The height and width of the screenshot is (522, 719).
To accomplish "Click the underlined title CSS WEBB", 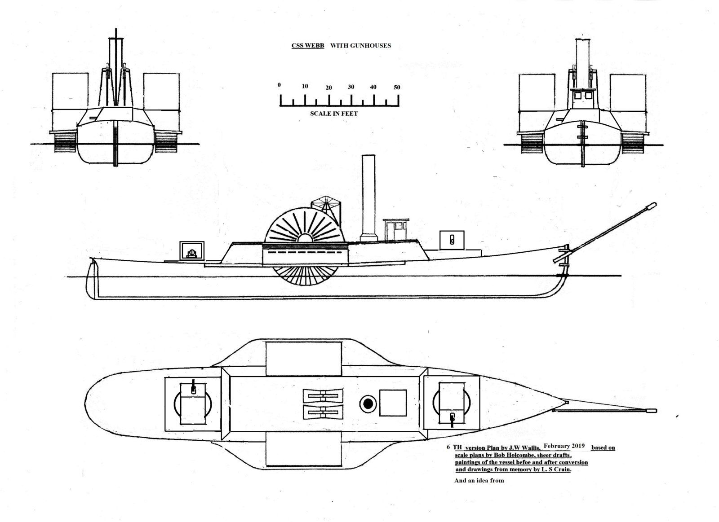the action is pyautogui.click(x=307, y=45).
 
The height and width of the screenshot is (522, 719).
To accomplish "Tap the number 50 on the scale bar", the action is pyautogui.click(x=397, y=87).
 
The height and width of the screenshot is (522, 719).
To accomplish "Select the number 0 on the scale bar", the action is pyautogui.click(x=279, y=85).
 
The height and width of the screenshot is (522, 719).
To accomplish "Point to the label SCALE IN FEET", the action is pyautogui.click(x=333, y=114).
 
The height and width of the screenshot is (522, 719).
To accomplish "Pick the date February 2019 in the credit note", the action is pyautogui.click(x=564, y=446).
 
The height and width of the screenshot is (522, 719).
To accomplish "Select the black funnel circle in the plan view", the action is pyautogui.click(x=368, y=404).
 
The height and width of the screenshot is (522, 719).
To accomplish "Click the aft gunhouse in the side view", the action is pyautogui.click(x=192, y=251).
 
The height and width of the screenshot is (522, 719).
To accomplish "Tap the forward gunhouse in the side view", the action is pyautogui.click(x=452, y=240).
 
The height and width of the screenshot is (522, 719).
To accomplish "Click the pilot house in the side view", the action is pyautogui.click(x=396, y=229).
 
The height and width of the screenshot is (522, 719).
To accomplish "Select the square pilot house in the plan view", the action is pyautogui.click(x=393, y=403).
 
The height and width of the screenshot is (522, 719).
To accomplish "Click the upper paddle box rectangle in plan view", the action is pyautogui.click(x=304, y=359).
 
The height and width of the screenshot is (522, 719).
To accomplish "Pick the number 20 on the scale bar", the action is pyautogui.click(x=328, y=88).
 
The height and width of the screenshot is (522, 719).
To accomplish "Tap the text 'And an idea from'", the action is pyautogui.click(x=479, y=480).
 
